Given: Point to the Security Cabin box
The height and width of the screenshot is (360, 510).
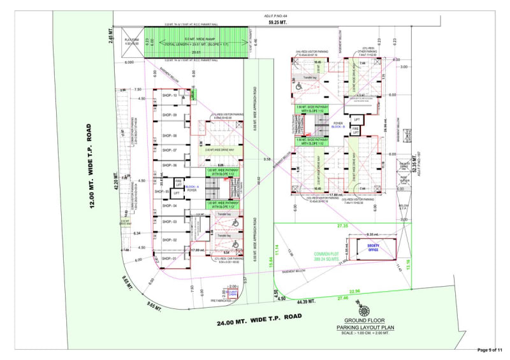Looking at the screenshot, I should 233,292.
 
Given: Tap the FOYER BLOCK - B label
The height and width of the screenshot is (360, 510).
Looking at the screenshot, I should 338,125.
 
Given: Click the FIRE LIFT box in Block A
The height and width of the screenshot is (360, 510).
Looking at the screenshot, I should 179,182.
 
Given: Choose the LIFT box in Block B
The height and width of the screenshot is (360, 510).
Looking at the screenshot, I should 357,119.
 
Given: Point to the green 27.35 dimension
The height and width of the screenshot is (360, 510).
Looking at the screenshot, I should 342,226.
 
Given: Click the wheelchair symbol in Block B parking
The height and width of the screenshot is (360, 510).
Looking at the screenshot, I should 297,85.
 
